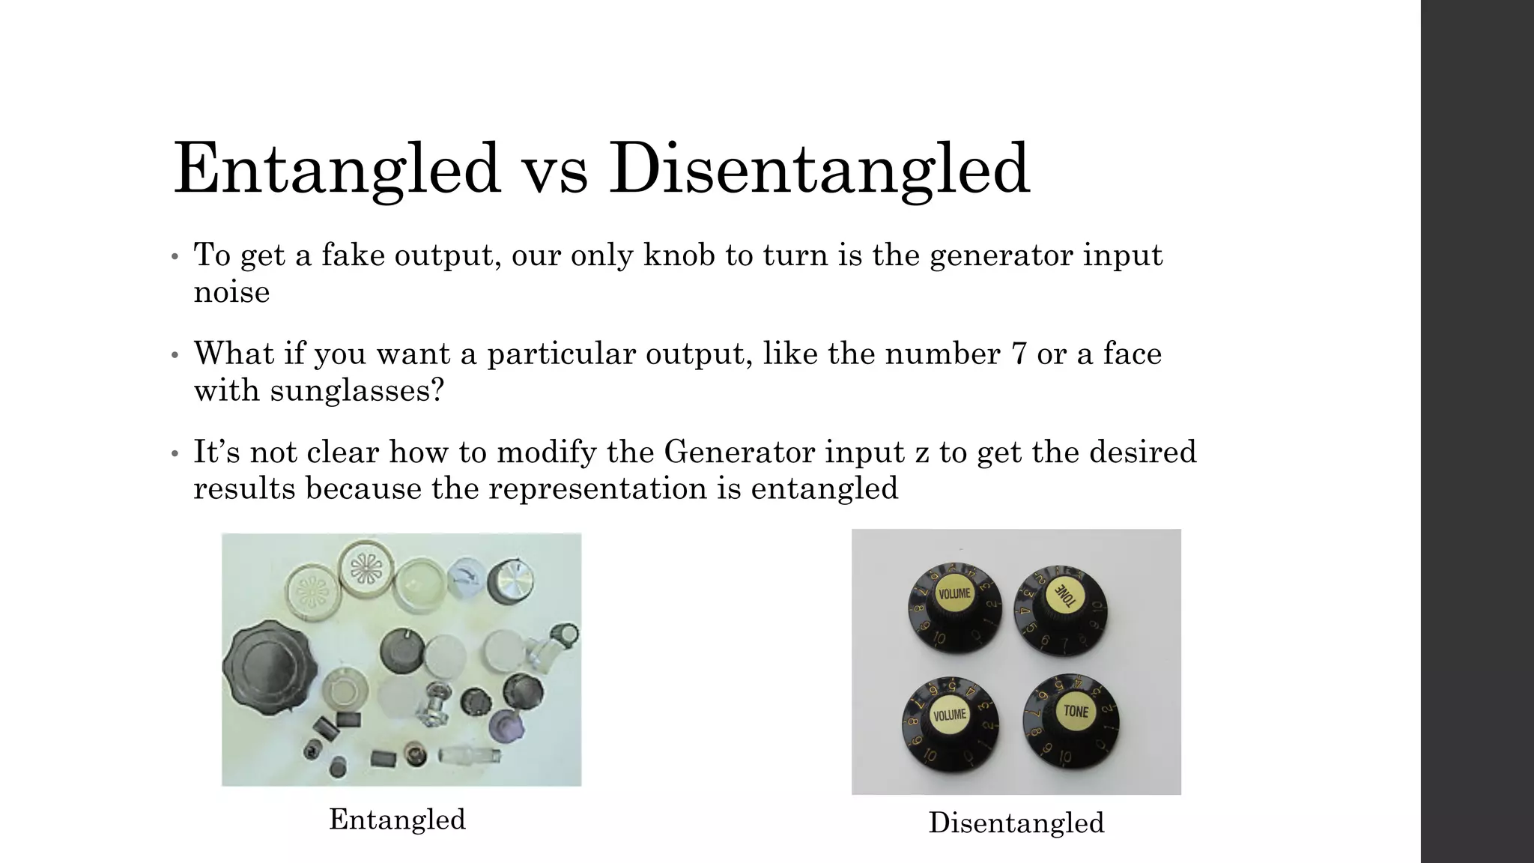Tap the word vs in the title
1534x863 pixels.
(554, 171)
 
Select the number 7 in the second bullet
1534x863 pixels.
(1018, 354)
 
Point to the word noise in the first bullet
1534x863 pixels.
(231, 292)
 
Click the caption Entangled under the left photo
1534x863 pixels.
(397, 820)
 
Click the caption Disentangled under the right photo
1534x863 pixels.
(1016, 823)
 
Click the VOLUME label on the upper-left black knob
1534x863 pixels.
(954, 594)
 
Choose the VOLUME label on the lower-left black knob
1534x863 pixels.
(950, 715)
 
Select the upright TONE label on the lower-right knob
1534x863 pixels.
(1076, 710)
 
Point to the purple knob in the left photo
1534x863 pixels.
(503, 727)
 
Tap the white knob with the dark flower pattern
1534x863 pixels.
(367, 574)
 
